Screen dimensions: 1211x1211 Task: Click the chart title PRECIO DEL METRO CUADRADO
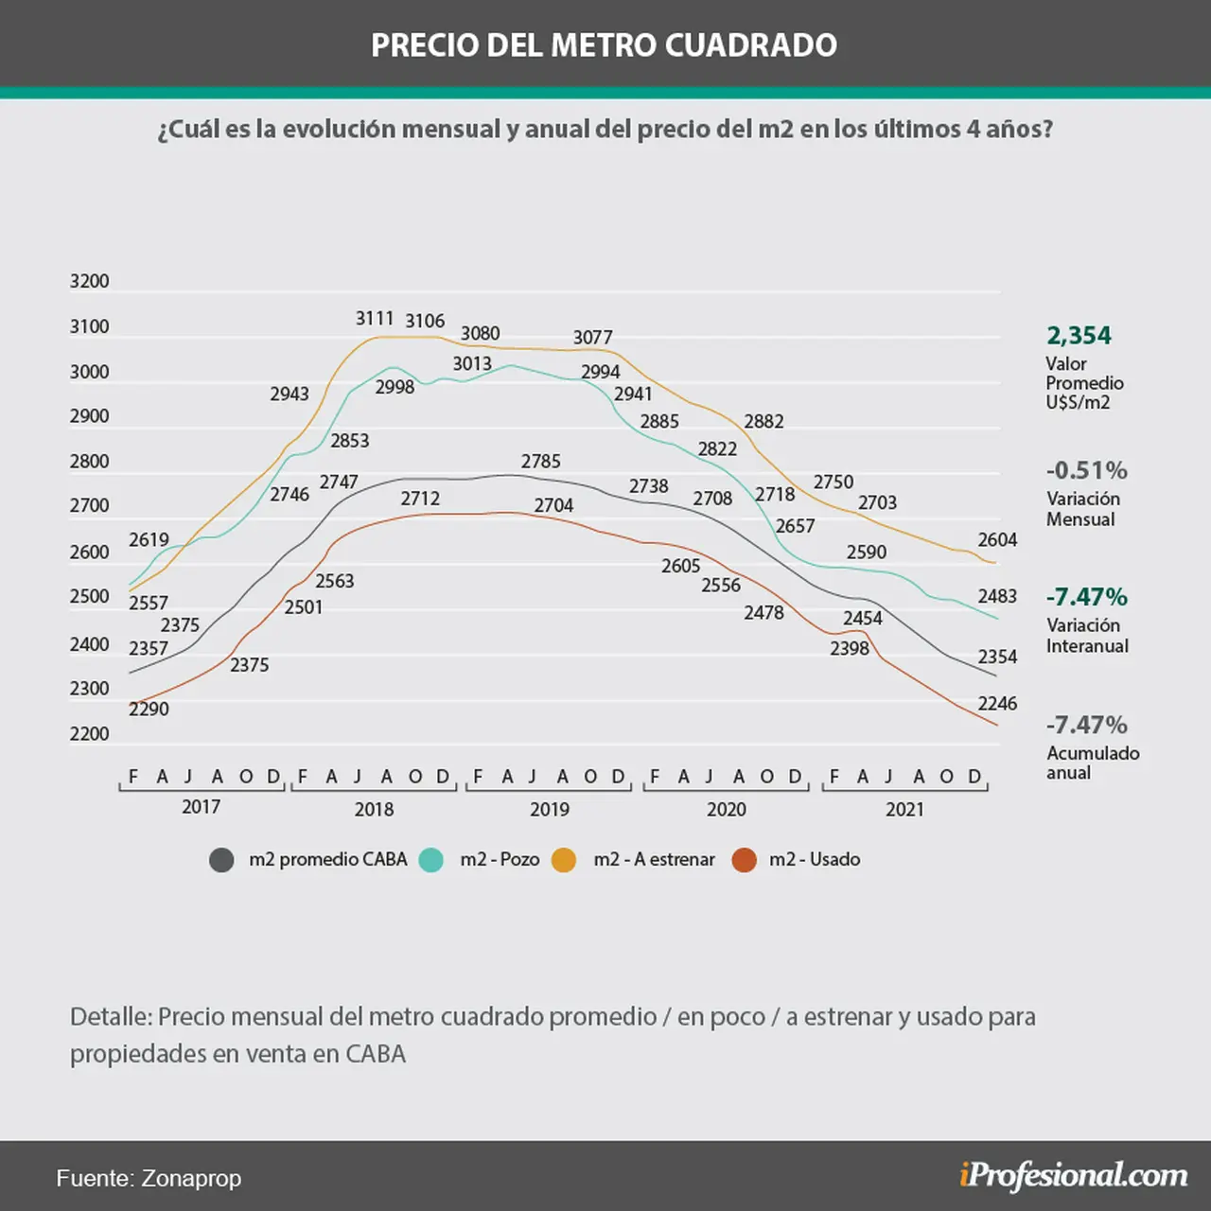point(604,45)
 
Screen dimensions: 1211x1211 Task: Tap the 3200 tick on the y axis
point(89,281)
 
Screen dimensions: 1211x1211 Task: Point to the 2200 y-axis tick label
point(89,733)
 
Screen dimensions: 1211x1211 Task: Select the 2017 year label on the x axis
point(202,806)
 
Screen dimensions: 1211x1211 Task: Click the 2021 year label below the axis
point(905,809)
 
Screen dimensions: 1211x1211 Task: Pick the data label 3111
point(375,319)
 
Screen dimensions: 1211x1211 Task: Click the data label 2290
point(149,709)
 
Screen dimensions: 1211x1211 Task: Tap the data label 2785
point(540,462)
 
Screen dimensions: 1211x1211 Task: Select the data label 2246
point(996,703)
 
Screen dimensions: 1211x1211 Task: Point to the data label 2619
point(149,539)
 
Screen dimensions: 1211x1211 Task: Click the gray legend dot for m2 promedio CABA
point(221,860)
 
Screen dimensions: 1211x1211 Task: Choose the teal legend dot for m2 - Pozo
point(431,860)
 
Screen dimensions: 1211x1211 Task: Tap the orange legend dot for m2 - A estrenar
point(564,860)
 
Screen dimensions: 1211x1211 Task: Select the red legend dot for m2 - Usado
point(744,860)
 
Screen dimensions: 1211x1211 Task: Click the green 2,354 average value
point(1079,336)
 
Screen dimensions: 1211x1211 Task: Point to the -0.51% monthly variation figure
point(1086,470)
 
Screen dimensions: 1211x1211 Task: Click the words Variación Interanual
point(1087,636)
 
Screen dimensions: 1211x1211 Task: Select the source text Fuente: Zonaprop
point(149,1178)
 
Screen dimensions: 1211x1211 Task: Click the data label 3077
point(592,338)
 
